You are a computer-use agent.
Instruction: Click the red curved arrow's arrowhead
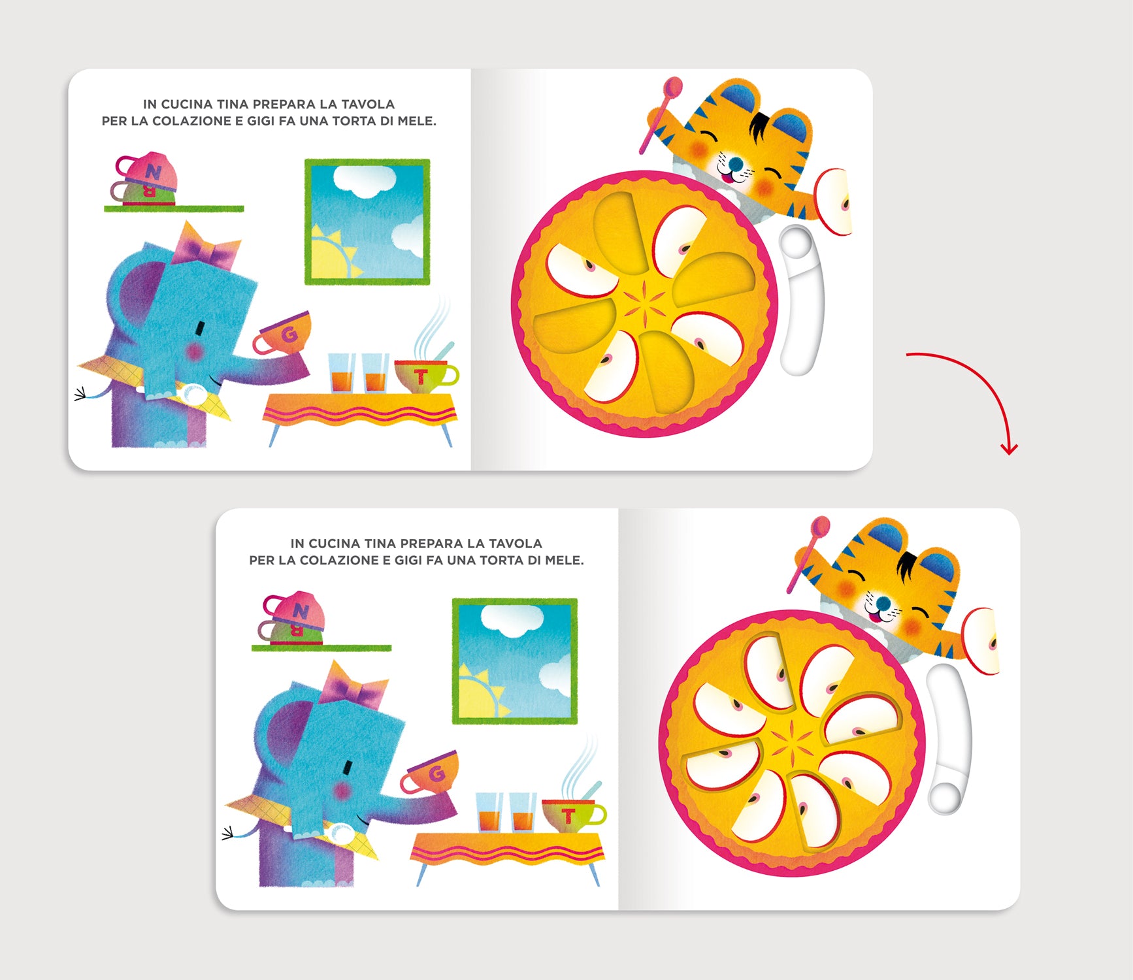1010,449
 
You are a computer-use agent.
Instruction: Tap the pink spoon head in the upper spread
673,87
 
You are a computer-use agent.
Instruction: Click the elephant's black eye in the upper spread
201,326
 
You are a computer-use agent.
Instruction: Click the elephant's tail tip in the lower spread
227,834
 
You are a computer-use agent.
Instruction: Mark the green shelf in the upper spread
174,209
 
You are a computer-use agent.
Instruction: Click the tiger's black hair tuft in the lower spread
908,565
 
